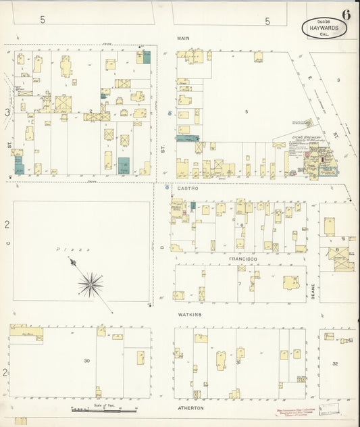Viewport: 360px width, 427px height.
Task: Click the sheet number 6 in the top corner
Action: click(346, 15)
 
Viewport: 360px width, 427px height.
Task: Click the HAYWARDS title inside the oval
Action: click(324, 28)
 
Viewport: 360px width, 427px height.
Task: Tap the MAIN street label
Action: click(182, 39)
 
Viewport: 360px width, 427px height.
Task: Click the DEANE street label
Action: click(313, 291)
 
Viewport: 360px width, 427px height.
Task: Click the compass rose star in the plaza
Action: click(90, 284)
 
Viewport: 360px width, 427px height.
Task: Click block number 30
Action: click(86, 361)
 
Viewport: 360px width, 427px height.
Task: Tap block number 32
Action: click(335, 363)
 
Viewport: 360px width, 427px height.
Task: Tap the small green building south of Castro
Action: click(192, 205)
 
